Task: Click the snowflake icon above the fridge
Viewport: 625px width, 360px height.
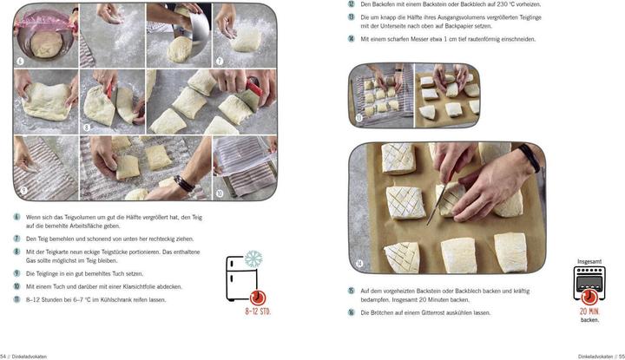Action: tap(253, 259)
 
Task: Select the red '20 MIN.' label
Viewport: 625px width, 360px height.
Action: tap(589, 311)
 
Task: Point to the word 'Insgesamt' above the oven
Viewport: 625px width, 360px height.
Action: tap(589, 260)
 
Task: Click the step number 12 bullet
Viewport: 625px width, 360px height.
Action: tap(351, 3)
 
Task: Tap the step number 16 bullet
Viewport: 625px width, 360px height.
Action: tap(351, 312)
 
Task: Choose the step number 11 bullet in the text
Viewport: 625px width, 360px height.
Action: tap(16, 299)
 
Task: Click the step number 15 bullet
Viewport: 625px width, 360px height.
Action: tap(351, 291)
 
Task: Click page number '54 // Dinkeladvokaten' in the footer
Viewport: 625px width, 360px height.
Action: tap(24, 357)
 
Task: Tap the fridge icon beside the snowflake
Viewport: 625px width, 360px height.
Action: tap(236, 278)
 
